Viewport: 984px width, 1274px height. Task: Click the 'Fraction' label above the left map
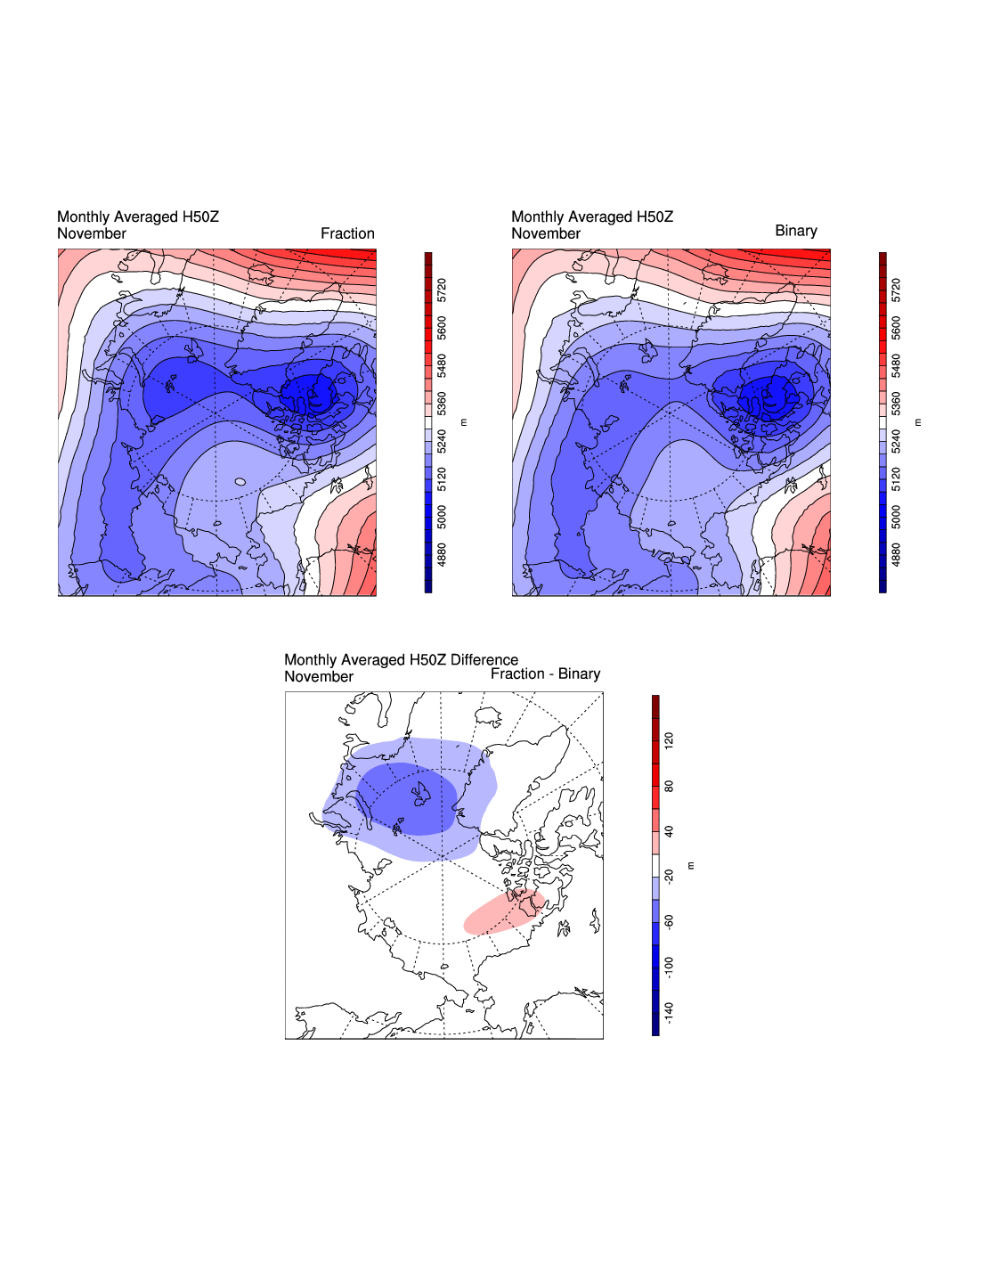(x=347, y=233)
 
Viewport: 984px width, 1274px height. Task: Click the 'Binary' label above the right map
(x=795, y=231)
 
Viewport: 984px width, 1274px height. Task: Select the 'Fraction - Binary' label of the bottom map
(x=545, y=674)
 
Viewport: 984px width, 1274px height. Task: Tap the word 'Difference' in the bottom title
(x=484, y=659)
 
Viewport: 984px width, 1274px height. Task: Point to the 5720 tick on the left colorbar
(x=443, y=290)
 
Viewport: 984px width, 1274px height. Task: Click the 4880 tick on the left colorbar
(x=443, y=554)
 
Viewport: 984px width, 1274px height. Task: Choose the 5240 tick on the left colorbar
(x=443, y=441)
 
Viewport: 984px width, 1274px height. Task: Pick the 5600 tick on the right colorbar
(x=897, y=328)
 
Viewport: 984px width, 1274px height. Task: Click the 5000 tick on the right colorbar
(x=897, y=517)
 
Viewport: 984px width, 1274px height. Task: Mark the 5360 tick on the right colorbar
(x=897, y=404)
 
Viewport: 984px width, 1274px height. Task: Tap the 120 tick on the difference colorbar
(x=669, y=739)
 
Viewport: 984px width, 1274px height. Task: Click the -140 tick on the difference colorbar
(x=669, y=1012)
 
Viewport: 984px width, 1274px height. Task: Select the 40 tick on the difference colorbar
(x=669, y=831)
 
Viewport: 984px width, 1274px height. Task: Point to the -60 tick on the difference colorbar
(x=669, y=921)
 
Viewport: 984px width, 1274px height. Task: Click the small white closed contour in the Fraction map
(x=240, y=482)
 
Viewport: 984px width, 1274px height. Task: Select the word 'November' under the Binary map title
(x=545, y=233)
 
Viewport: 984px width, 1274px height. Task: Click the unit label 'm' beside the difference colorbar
(x=691, y=865)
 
